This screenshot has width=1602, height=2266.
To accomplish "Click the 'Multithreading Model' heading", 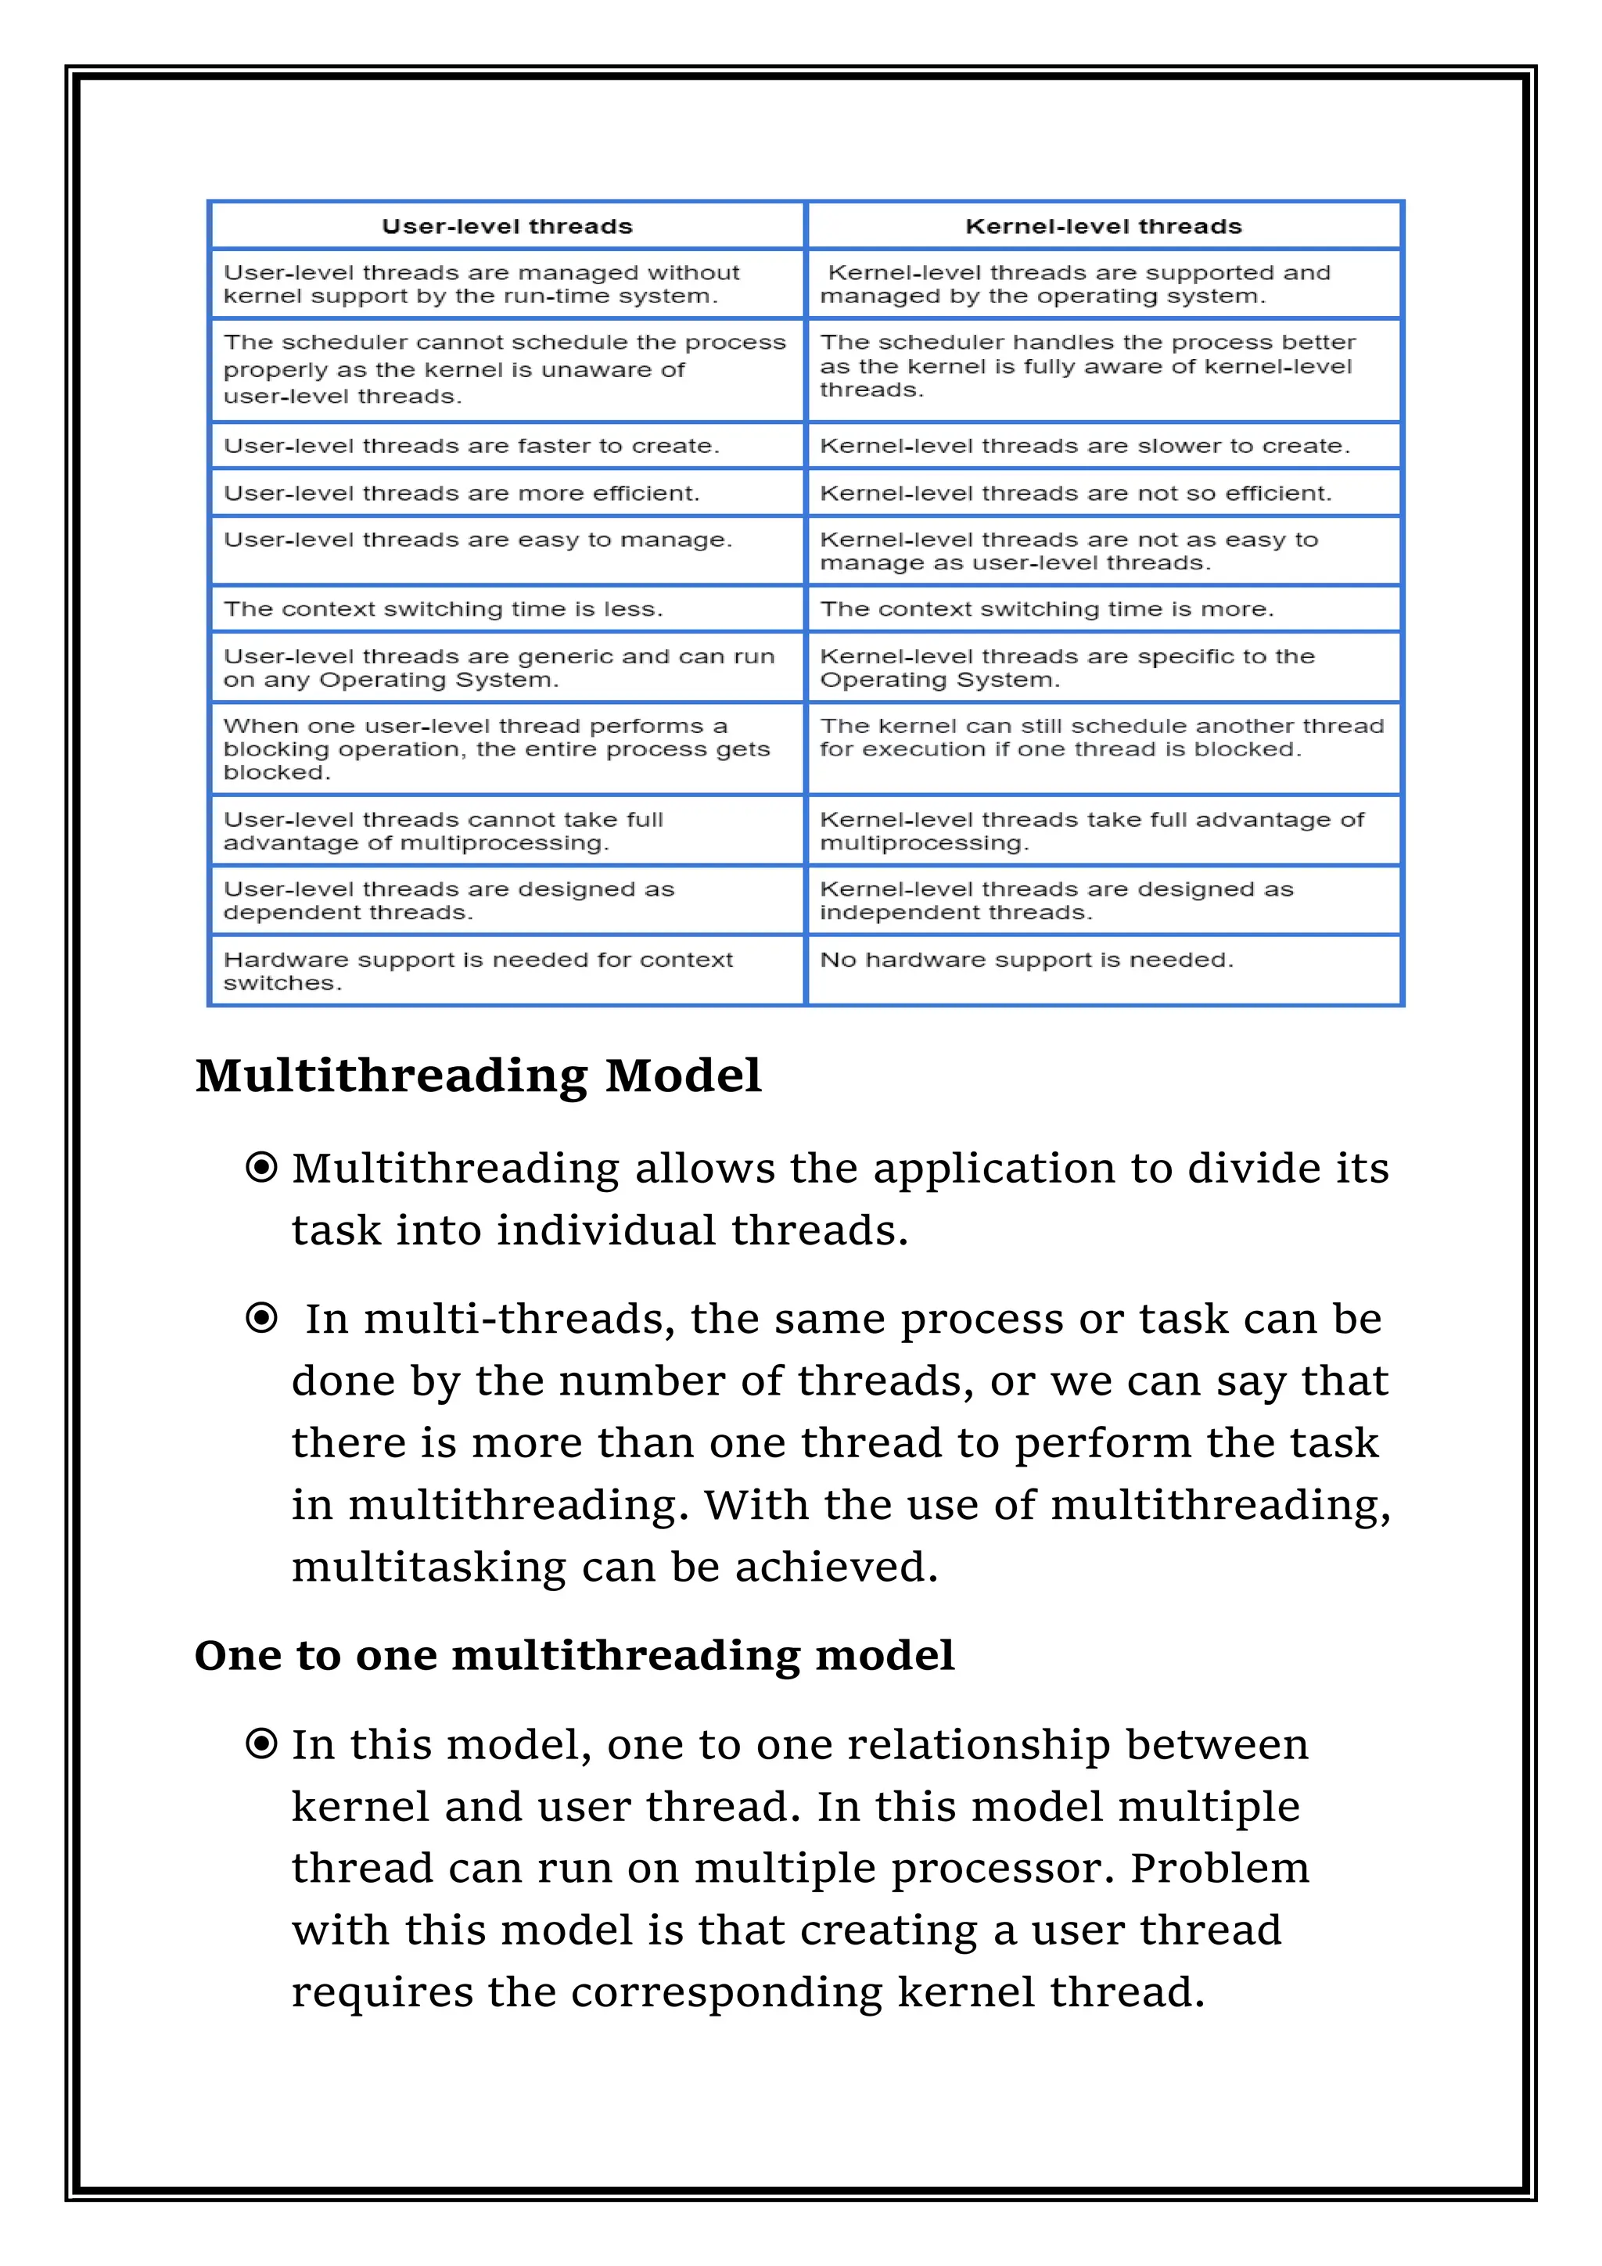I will click(478, 1076).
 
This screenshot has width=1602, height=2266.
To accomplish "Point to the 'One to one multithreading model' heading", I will click(573, 1656).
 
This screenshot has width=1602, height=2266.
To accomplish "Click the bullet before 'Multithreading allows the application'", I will click(261, 1169).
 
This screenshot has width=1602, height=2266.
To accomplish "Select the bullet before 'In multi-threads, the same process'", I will click(261, 1319).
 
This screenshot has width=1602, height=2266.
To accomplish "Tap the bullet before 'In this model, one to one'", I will click(261, 1745).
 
